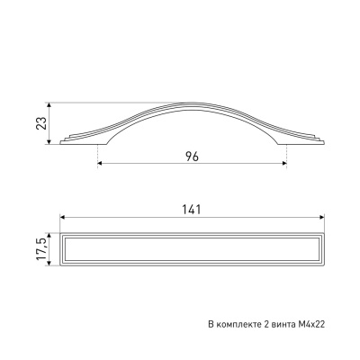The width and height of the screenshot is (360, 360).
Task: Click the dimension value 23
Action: pyautogui.click(x=41, y=123)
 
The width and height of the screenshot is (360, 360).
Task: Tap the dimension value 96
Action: pyautogui.click(x=192, y=157)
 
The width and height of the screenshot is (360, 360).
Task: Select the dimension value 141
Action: pyautogui.click(x=192, y=210)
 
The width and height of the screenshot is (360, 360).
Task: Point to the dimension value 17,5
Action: pyautogui.click(x=41, y=249)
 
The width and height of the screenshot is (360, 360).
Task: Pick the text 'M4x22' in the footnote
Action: pyautogui.click(x=311, y=324)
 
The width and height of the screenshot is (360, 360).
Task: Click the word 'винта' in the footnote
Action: pyautogui.click(x=284, y=324)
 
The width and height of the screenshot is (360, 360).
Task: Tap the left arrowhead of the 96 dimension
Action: pyautogui.click(x=100, y=163)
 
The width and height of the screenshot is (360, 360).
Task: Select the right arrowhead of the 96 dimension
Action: pyautogui.click(x=284, y=163)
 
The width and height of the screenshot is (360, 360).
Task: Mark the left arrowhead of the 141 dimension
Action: pyautogui.click(x=63, y=217)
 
